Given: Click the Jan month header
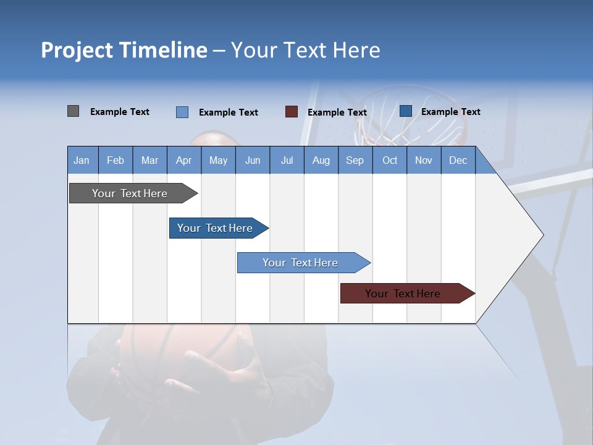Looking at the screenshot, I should point(82,160).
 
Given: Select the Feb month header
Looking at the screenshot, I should point(116,160).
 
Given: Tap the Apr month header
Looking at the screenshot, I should point(183,160).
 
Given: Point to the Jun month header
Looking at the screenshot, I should point(253,160).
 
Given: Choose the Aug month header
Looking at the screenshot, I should point(321,160).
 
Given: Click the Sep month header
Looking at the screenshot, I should point(355,160).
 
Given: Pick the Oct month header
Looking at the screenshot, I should point(390,160).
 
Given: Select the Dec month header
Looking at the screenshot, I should point(458,160).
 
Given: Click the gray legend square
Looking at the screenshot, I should point(73,111).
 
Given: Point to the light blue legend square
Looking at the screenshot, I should point(182,112).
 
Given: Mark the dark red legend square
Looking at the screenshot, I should point(292,112).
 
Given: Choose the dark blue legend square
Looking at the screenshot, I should point(406,111).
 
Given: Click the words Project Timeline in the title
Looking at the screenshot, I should point(124,50).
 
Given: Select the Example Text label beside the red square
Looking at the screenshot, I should point(337,112).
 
